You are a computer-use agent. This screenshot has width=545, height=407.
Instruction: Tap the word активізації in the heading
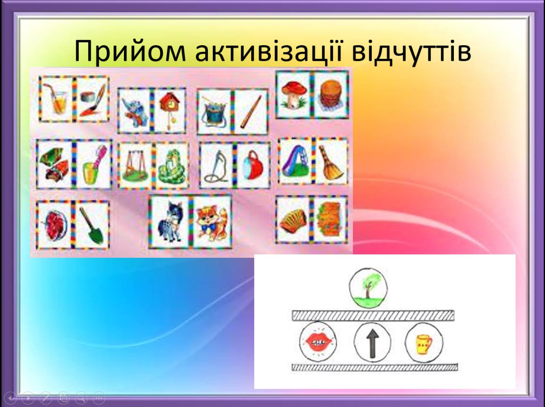tap(269, 51)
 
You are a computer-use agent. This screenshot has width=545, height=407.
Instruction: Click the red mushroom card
tap(294, 95)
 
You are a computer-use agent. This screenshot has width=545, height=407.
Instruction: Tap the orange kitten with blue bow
tap(212, 222)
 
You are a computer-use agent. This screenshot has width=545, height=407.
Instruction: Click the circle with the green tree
tap(368, 288)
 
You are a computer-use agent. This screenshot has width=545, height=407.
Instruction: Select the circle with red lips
tap(318, 342)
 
